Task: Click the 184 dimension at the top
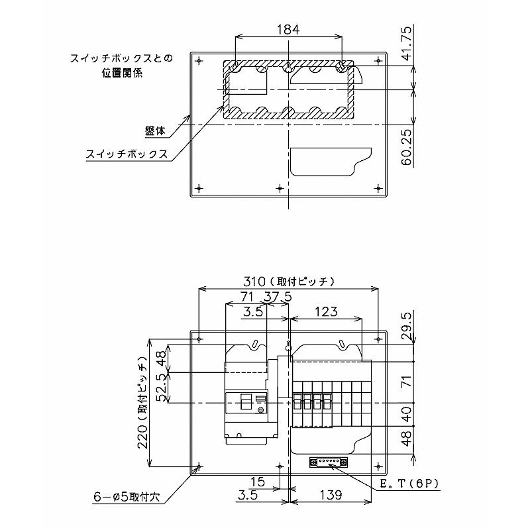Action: pos(288,29)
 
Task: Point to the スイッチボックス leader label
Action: pos(126,155)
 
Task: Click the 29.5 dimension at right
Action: pos(407,326)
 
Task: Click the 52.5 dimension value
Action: pos(160,388)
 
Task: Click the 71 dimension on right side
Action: pos(407,382)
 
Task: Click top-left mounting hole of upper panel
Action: pos(199,60)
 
